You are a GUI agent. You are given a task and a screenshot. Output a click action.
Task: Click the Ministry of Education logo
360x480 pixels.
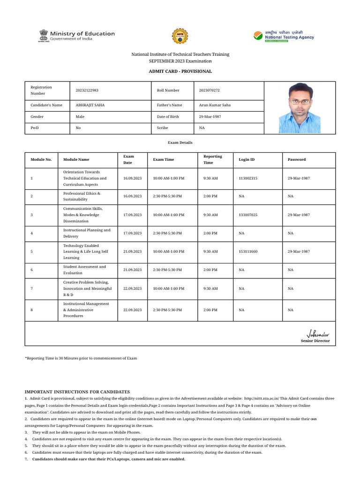pos(76,36)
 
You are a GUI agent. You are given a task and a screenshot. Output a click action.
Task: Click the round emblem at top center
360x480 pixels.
pos(180,36)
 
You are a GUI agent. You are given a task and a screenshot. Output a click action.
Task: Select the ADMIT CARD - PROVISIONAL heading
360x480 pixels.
pos(180,71)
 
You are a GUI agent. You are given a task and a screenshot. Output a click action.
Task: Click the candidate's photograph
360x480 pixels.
pos(300,108)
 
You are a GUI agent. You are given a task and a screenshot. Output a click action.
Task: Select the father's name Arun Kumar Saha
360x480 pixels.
pos(215,105)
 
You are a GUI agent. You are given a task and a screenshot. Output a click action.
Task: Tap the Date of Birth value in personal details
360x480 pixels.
pos(210,116)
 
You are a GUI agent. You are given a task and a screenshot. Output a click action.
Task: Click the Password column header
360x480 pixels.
pos(296,159)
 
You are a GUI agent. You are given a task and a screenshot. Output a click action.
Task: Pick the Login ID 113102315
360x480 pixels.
pos(248,179)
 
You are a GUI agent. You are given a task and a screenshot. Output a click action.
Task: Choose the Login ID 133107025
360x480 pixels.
pos(248,215)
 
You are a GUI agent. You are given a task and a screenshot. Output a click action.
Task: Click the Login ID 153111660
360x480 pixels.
pos(248,252)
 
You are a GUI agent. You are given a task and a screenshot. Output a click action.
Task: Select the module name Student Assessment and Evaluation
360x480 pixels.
pos(84,270)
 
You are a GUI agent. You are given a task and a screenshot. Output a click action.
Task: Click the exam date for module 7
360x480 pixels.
pos(132,288)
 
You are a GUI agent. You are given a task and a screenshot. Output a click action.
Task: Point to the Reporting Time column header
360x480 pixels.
pos(212,159)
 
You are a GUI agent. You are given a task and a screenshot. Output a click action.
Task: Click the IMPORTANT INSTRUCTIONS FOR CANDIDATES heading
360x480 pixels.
pos(77,392)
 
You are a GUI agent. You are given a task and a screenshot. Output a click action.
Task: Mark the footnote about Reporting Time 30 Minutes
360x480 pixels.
pos(81,358)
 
